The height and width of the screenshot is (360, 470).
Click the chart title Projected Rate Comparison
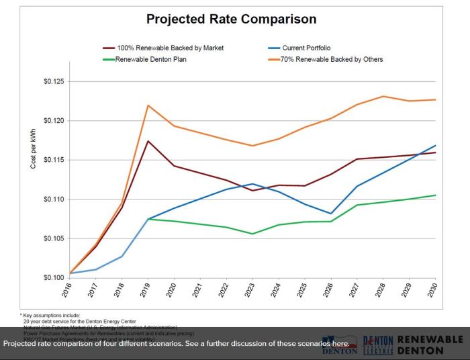click(x=231, y=19)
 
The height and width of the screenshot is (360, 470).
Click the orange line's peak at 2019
click(x=148, y=105)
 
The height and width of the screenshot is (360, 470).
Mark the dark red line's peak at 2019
click(x=148, y=141)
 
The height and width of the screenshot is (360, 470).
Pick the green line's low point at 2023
click(x=252, y=234)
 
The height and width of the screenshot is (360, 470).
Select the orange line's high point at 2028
click(x=383, y=96)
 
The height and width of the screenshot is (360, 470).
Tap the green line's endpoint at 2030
click(x=435, y=195)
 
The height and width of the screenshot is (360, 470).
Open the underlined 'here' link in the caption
click(x=340, y=344)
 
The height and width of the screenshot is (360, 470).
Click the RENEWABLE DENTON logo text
click(x=430, y=345)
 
